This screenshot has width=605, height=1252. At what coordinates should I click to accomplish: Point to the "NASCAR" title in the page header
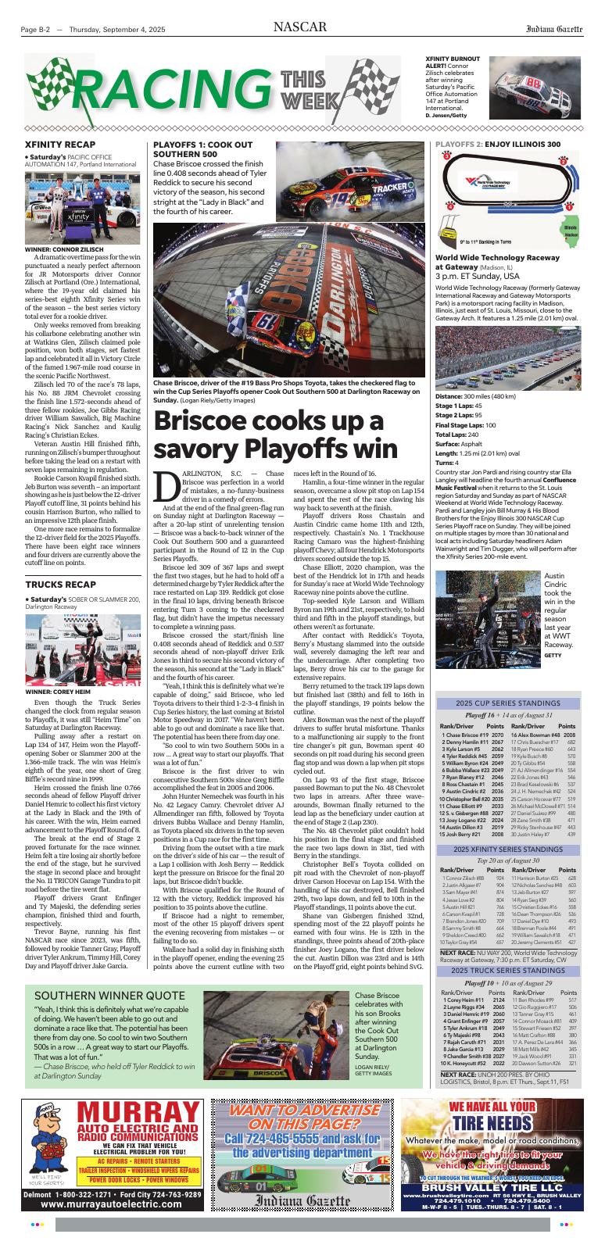click(300, 28)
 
